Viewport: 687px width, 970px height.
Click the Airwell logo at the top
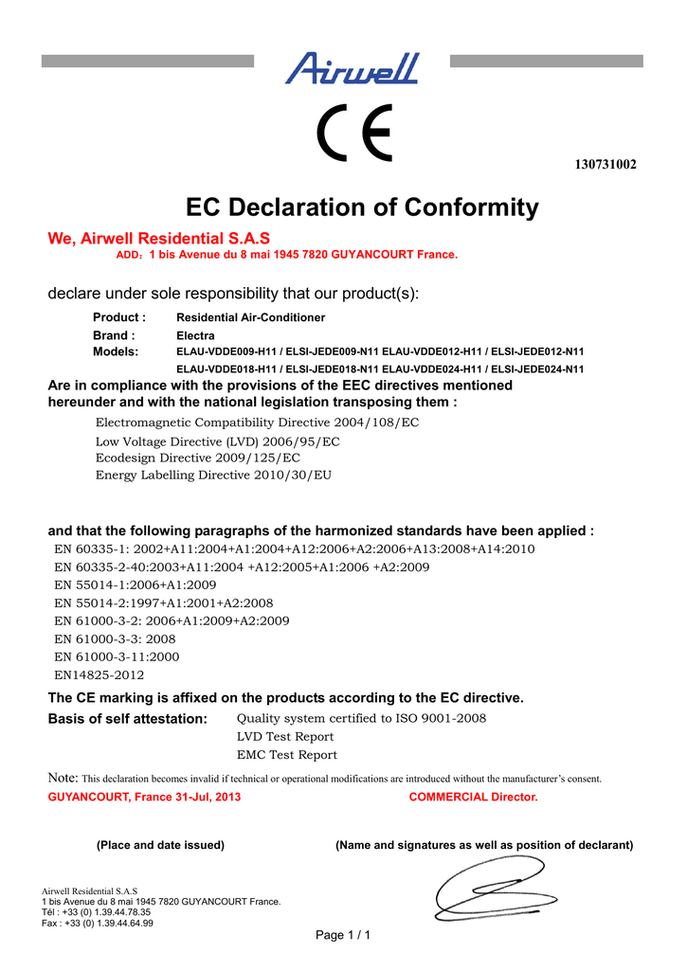[x=352, y=68]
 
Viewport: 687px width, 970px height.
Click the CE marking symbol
[x=354, y=136]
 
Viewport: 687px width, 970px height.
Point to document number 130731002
[x=606, y=165]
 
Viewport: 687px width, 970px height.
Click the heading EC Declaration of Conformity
[x=362, y=207]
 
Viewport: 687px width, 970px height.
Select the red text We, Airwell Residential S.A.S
[x=159, y=239]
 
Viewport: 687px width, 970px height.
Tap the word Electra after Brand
[x=196, y=335]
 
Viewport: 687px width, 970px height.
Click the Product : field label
[x=118, y=317]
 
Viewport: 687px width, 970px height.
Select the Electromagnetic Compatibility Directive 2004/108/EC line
[x=257, y=422]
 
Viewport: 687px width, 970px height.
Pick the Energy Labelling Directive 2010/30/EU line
[x=213, y=475]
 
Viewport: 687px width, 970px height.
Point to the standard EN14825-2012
[x=99, y=675]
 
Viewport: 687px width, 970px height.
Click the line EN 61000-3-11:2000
[x=118, y=656]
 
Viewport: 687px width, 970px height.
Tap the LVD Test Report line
[x=284, y=736]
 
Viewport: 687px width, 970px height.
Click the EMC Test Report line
[x=286, y=755]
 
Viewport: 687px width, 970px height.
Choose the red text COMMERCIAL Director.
[x=473, y=797]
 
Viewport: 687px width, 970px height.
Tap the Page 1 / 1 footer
[x=342, y=936]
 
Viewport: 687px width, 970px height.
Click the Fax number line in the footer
[x=99, y=923]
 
